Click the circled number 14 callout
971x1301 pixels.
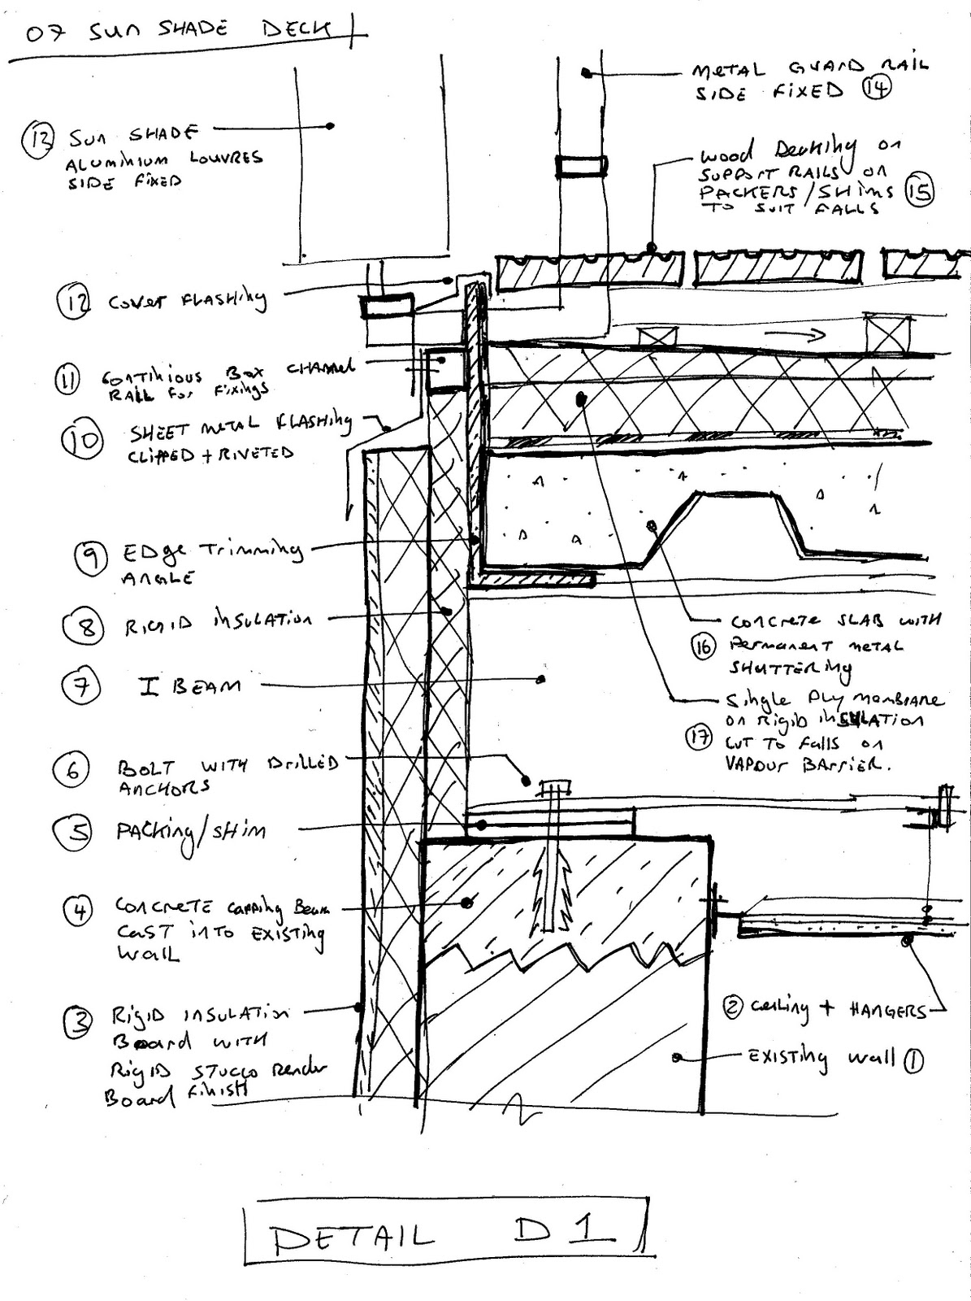[x=877, y=88]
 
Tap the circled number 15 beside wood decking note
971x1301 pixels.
[x=920, y=190]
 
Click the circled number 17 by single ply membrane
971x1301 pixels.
[x=698, y=738]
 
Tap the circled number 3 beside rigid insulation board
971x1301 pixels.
[x=80, y=1021]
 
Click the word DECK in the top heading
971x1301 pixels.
[x=297, y=31]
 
